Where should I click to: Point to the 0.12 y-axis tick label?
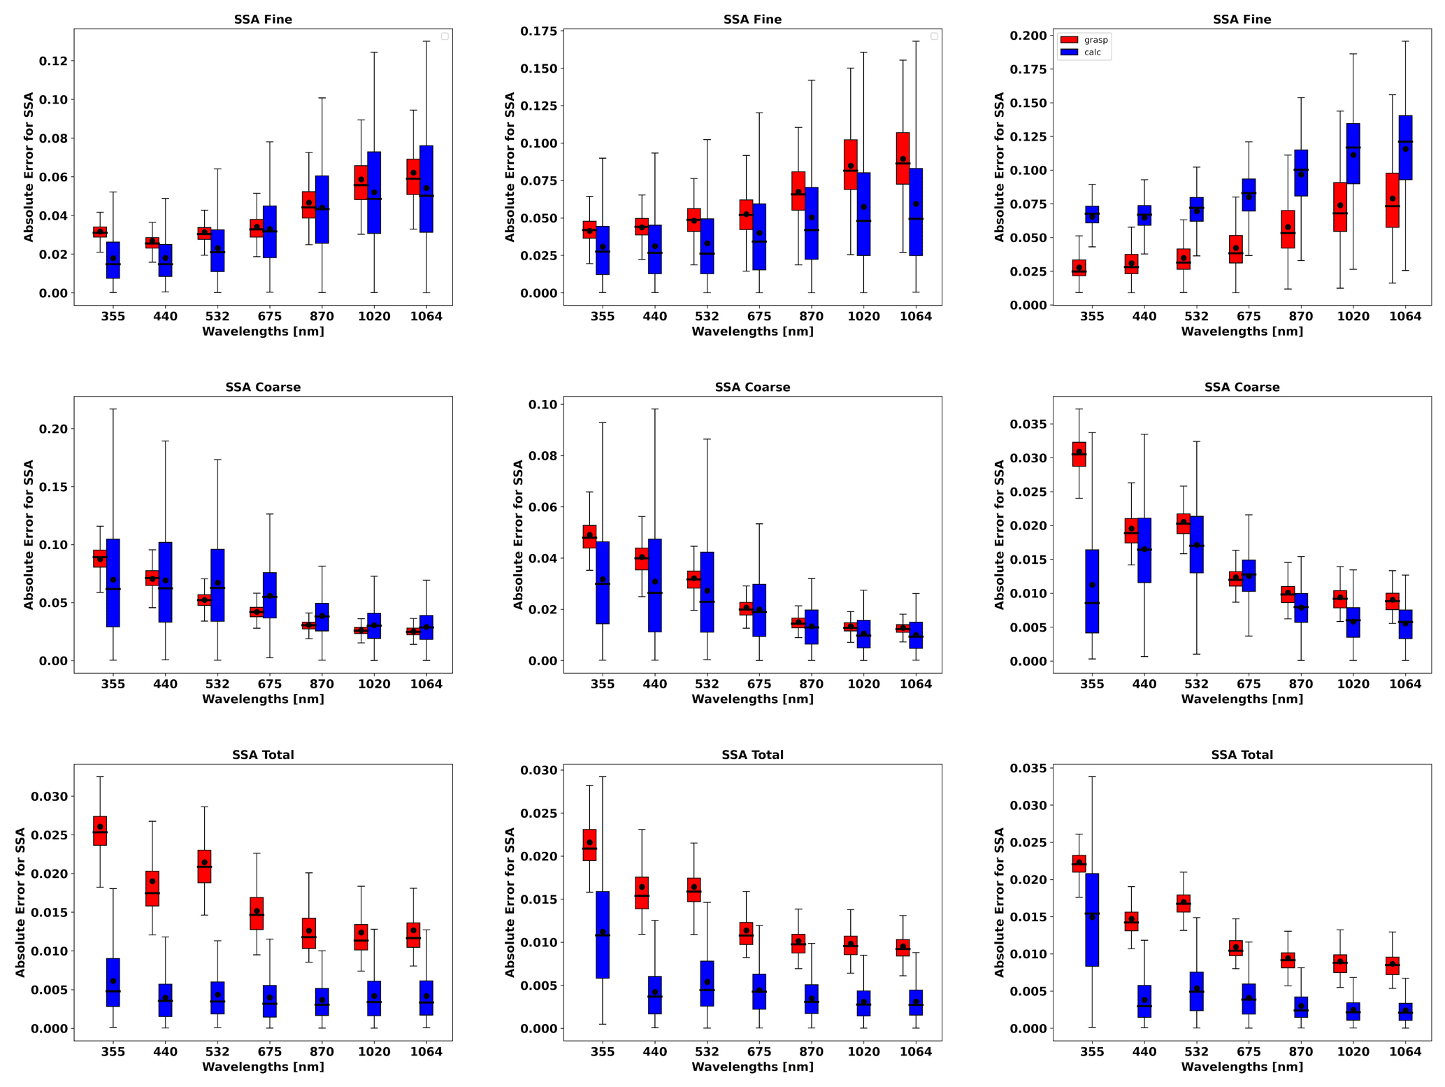point(53,61)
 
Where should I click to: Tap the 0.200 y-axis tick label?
point(1027,36)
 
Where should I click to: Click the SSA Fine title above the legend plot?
point(1242,20)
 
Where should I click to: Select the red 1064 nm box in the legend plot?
point(1392,200)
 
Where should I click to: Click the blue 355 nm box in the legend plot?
point(1092,214)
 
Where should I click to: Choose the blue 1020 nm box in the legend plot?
point(1353,153)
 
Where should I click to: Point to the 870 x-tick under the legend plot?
point(1301,316)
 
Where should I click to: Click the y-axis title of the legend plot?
point(1000,167)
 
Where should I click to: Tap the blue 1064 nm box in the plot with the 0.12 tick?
point(426,189)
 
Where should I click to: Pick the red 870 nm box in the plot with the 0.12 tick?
point(309,204)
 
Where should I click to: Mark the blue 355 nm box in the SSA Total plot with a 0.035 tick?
point(1092,920)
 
